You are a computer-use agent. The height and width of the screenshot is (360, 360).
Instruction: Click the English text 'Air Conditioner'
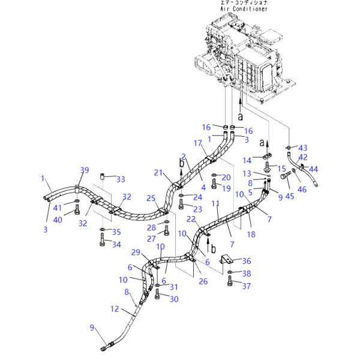point(244,9)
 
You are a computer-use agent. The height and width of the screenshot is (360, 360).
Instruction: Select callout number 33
point(121,179)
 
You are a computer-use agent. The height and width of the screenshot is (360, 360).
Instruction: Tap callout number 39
point(85,170)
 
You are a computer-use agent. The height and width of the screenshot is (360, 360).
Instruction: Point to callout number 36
point(247,261)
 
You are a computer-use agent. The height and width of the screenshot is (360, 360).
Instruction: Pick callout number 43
point(302,148)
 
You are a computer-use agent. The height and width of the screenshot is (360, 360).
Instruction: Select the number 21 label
point(158,173)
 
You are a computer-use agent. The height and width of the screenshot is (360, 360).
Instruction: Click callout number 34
point(116,244)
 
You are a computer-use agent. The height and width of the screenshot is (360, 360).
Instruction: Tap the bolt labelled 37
point(230,284)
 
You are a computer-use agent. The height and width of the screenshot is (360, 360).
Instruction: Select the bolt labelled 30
point(157,294)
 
